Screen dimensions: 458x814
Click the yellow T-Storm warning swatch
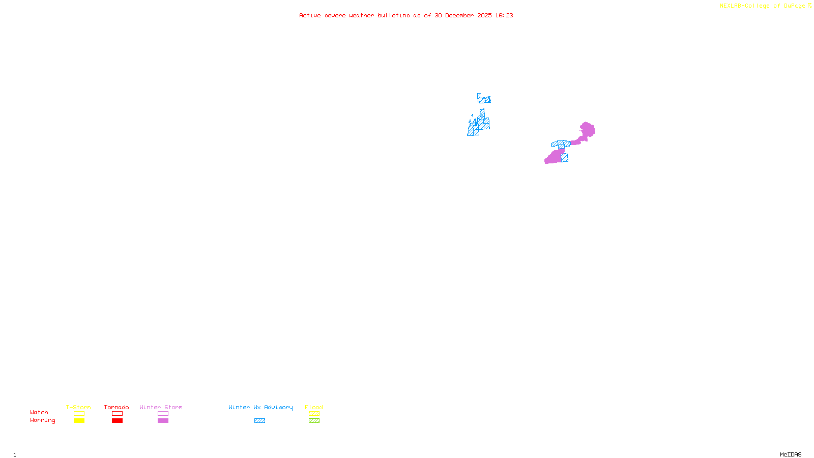point(79,421)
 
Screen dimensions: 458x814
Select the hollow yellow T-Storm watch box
point(79,414)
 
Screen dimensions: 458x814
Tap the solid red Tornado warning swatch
point(117,421)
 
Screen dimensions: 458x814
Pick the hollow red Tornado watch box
point(117,414)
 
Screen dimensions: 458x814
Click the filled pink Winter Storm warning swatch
point(163,421)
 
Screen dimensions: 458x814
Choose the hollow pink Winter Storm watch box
point(163,414)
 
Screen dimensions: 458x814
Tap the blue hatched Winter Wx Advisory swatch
point(259,421)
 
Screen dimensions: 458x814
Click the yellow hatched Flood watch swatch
point(314,414)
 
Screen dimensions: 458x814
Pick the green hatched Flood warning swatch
point(314,421)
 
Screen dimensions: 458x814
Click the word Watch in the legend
point(39,413)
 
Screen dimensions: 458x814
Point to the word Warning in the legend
point(42,420)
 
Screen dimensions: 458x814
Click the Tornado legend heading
point(117,407)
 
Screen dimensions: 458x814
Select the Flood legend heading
point(314,407)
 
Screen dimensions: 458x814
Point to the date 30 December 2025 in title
point(463,16)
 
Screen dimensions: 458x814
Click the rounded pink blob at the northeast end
point(587,130)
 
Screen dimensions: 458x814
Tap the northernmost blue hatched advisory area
point(484,99)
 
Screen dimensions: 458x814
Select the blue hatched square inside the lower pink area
point(564,158)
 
